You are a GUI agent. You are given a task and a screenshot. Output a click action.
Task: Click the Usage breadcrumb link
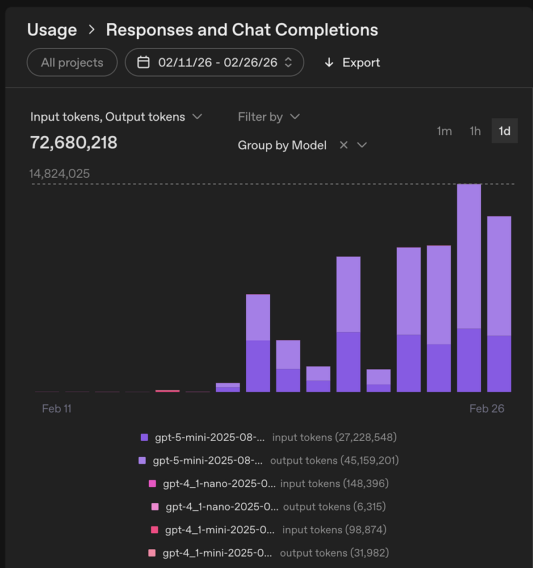click(52, 30)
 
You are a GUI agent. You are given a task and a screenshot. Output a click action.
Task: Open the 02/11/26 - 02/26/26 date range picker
click(214, 62)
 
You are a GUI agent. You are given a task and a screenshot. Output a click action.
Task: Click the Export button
click(351, 62)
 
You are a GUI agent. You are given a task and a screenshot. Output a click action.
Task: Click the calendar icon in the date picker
click(144, 62)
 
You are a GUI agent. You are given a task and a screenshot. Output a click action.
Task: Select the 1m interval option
click(444, 131)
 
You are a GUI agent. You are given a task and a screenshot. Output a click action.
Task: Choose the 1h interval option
click(475, 131)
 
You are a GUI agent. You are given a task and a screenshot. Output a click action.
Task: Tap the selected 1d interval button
click(504, 131)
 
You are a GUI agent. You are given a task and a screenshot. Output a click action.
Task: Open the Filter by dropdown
click(268, 117)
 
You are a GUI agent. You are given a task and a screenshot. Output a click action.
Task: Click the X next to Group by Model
click(343, 145)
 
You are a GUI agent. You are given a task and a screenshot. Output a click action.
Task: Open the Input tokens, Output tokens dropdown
click(116, 117)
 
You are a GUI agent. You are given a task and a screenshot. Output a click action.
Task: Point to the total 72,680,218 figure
click(73, 143)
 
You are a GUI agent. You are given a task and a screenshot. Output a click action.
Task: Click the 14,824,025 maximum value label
click(60, 174)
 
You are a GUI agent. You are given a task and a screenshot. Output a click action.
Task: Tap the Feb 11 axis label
click(57, 409)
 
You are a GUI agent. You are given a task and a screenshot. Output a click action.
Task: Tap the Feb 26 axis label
click(486, 409)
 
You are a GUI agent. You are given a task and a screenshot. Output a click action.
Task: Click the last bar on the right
click(499, 304)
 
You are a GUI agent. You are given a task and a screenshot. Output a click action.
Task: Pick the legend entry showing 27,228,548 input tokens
click(268, 437)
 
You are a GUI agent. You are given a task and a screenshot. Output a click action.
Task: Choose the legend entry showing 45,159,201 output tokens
click(268, 461)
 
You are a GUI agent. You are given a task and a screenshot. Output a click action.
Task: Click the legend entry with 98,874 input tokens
click(268, 530)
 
